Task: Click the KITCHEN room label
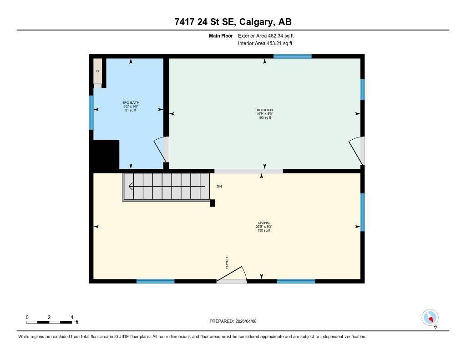[264, 110]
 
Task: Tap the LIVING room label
[264, 223]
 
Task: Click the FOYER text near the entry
[227, 263]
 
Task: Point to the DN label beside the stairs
[219, 187]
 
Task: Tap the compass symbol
[430, 318]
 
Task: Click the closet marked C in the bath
[97, 71]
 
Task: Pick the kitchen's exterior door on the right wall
[357, 150]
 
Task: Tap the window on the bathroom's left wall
[91, 112]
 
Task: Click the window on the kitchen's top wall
[292, 56]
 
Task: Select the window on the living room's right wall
[362, 212]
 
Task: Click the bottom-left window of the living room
[155, 281]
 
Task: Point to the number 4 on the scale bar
[72, 317]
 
